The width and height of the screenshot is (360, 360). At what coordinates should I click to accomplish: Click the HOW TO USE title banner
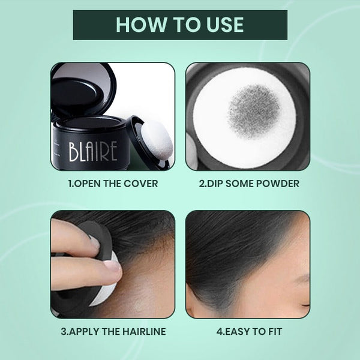click(x=180, y=25)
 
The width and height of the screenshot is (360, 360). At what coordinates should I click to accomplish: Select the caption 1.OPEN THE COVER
click(x=113, y=184)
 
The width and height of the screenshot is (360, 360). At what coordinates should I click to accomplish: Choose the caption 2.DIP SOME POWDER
click(x=247, y=184)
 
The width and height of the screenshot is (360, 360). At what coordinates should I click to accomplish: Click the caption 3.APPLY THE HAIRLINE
click(x=113, y=331)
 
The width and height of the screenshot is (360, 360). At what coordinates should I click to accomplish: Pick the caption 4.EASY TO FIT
click(x=247, y=331)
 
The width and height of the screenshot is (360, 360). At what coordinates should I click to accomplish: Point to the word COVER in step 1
click(x=142, y=184)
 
